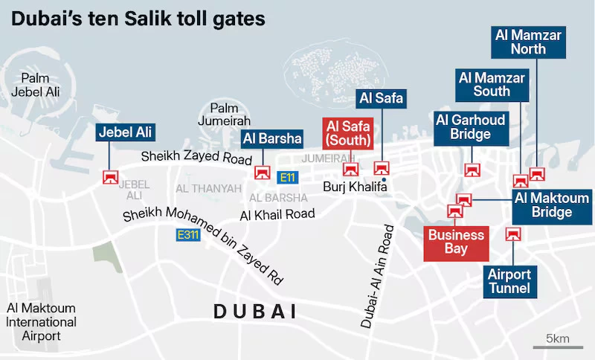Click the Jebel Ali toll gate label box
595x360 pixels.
[125, 132]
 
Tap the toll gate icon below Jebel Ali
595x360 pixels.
[110, 177]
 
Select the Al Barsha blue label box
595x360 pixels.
[272, 138]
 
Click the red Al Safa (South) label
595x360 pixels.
[347, 134]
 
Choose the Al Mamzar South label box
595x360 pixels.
[492, 84]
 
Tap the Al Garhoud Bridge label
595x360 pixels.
[471, 126]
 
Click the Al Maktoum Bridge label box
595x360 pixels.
[553, 205]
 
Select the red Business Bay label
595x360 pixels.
[455, 242]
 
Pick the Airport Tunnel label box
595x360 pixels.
[510, 281]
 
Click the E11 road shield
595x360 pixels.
[286, 178]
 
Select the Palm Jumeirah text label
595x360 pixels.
[225, 115]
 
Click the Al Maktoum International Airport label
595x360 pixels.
[42, 322]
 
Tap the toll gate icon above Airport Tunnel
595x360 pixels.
[511, 234]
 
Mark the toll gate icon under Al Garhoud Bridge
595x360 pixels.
[470, 170]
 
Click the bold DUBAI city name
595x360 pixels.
[255, 312]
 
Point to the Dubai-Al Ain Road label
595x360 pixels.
[377, 274]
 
